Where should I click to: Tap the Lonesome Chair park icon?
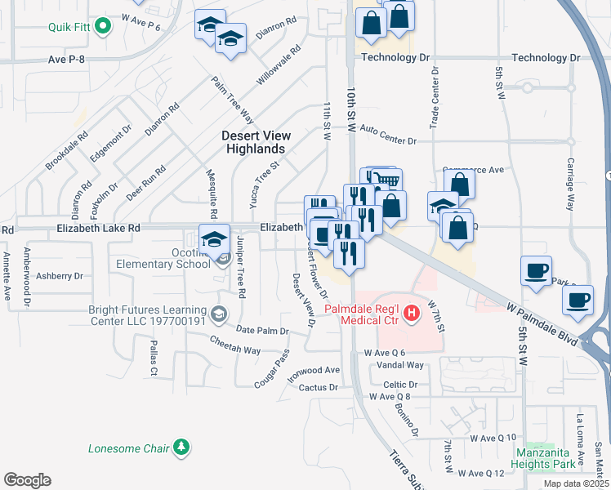(181, 448)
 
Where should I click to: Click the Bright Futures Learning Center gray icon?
(219, 312)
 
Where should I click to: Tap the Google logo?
(27, 479)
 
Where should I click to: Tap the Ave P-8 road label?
(68, 59)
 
